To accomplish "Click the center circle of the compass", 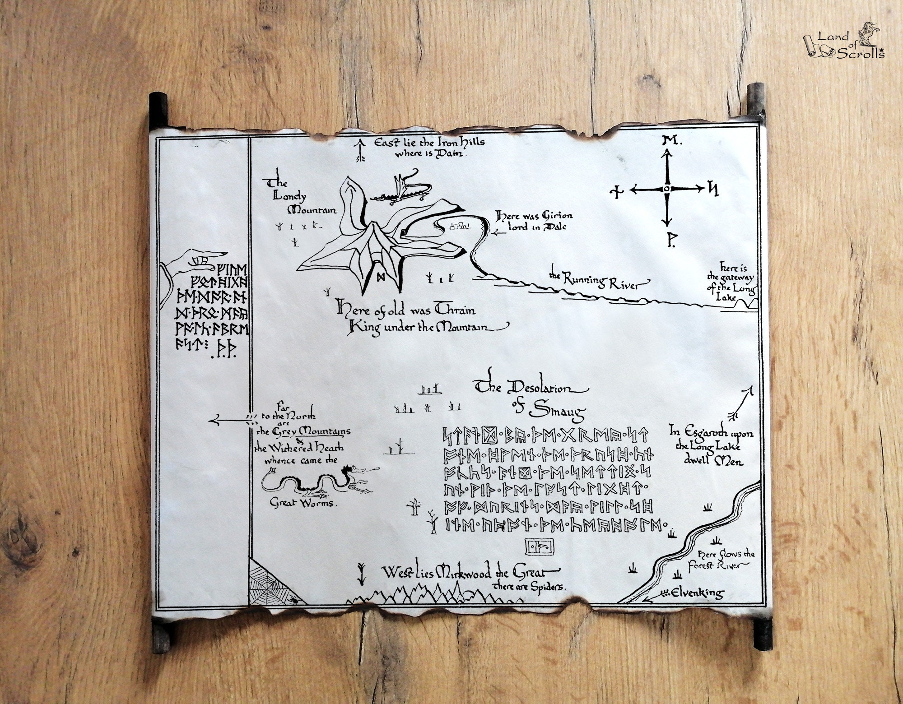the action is [666, 189].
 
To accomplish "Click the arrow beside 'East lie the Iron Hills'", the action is [360, 150].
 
